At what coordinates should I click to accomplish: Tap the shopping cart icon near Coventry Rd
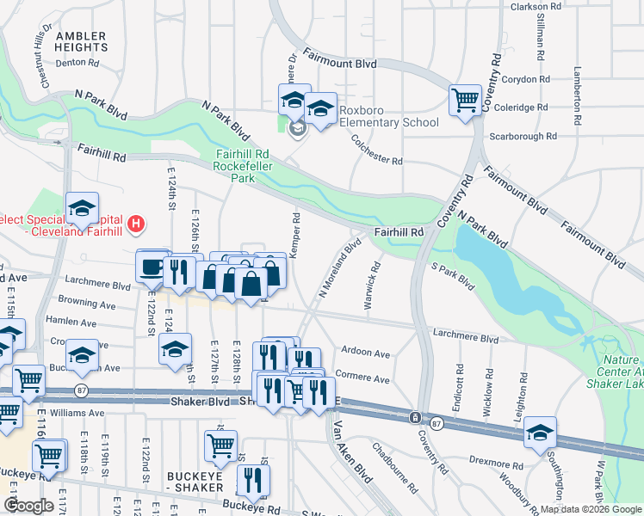pyautogui.click(x=465, y=99)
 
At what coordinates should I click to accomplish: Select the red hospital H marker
pyautogui.click(x=135, y=226)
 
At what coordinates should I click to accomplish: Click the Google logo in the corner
pyautogui.click(x=29, y=506)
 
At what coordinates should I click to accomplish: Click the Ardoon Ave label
pyautogui.click(x=365, y=353)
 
